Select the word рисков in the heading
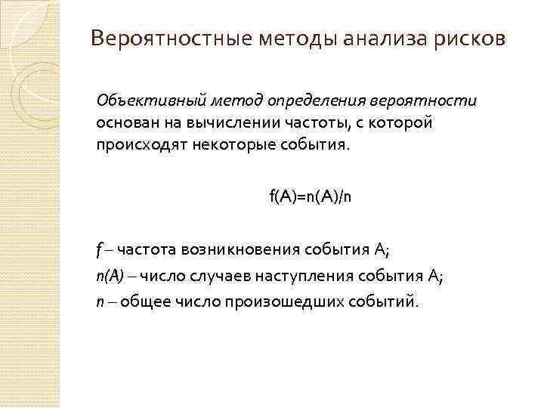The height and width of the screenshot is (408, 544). tap(468, 38)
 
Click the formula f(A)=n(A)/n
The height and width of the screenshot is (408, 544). tap(311, 196)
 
